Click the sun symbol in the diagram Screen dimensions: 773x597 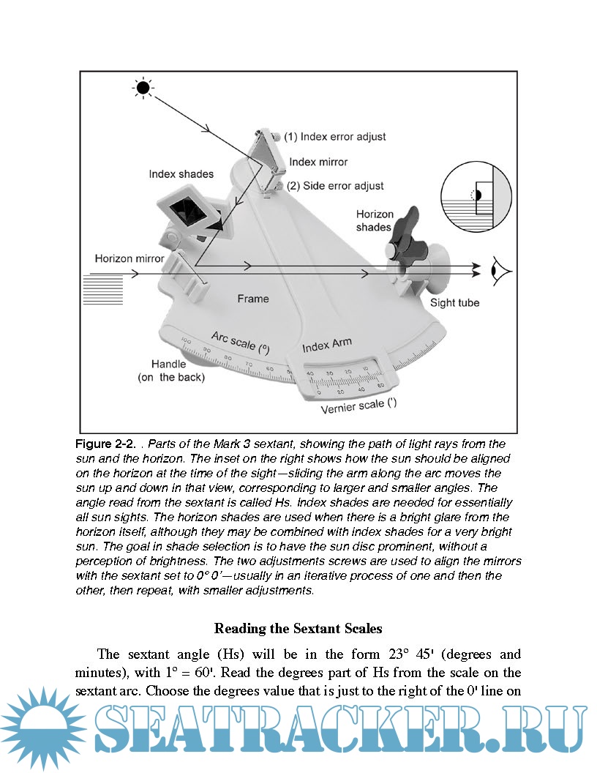coord(143,89)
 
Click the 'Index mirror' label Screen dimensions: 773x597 coord(318,162)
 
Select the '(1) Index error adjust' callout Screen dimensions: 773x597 coord(335,137)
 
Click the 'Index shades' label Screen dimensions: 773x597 coord(181,174)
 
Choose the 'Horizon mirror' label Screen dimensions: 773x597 coord(129,258)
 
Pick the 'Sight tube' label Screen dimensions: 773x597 coord(454,302)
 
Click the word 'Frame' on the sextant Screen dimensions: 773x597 coord(253,299)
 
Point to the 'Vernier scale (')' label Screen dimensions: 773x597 coord(358,406)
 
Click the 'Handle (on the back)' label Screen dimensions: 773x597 coord(171,370)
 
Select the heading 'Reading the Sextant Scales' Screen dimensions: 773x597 coord(298,629)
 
